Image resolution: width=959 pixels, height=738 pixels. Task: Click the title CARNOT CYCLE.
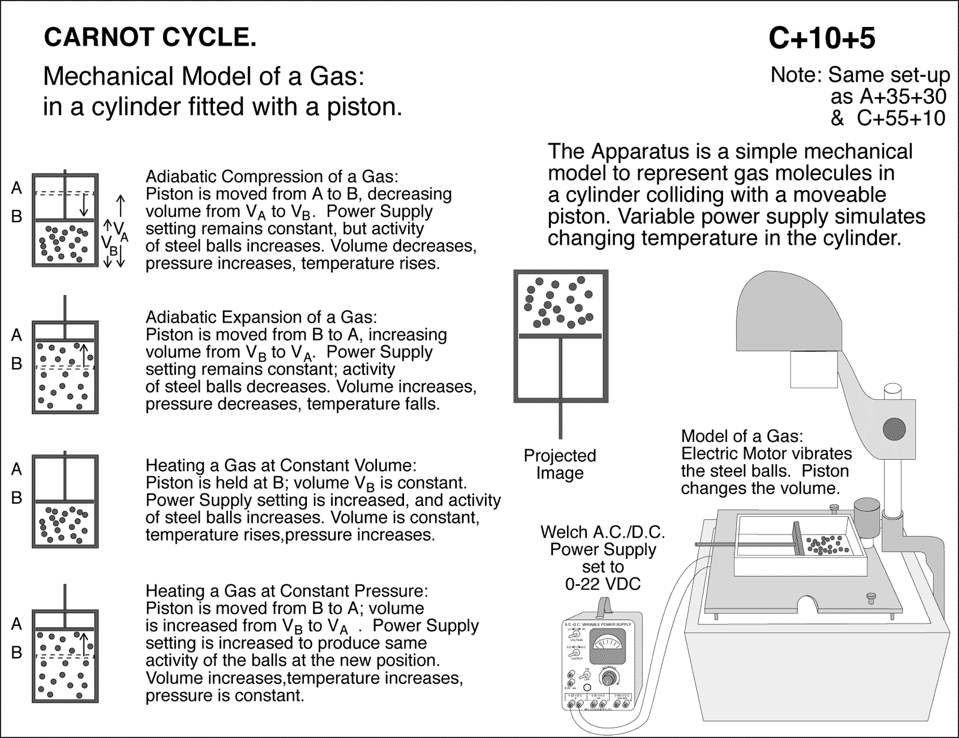pos(150,38)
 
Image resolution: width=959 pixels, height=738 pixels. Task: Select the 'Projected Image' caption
pos(560,464)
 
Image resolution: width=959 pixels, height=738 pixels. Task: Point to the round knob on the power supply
pos(610,679)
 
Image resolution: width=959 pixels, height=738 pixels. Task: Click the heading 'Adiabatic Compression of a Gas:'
pos(272,177)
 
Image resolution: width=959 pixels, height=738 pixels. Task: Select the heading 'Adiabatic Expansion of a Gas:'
pos(261,317)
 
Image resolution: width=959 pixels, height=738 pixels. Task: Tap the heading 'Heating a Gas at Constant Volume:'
pos(281,466)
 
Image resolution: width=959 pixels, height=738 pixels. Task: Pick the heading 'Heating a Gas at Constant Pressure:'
pos(287,591)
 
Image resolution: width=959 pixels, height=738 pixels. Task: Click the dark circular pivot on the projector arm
pos(894,427)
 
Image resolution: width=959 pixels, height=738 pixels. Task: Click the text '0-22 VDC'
pos(603,583)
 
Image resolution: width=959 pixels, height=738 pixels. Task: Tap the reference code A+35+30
pos(888,97)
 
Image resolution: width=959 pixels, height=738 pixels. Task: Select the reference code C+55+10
pos(900,118)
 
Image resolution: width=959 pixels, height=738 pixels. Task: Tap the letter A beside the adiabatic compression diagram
pos(17,188)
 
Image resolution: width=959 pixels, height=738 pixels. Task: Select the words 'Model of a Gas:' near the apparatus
pos(741,436)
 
